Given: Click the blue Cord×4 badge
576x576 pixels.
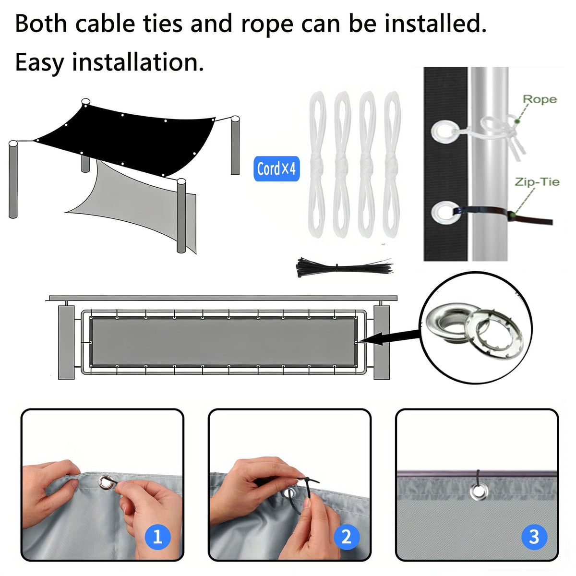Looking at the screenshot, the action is (x=276, y=168).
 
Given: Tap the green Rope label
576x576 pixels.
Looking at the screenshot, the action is (x=540, y=99).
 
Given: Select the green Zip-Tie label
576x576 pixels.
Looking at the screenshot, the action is (x=537, y=182).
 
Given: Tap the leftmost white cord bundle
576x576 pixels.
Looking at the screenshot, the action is (x=317, y=165).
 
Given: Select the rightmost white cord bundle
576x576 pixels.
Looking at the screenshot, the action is (x=392, y=165).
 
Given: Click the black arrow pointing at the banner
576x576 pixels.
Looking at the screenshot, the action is (x=389, y=340).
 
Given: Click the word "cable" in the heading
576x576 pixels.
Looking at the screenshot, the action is (x=105, y=24).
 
